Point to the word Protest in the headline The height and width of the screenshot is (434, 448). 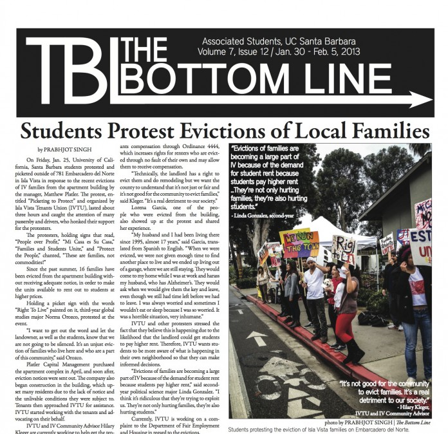tap(140, 131)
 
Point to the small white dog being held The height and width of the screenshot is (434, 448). tap(328, 284)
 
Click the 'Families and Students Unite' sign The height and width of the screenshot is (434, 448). tap(387, 243)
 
